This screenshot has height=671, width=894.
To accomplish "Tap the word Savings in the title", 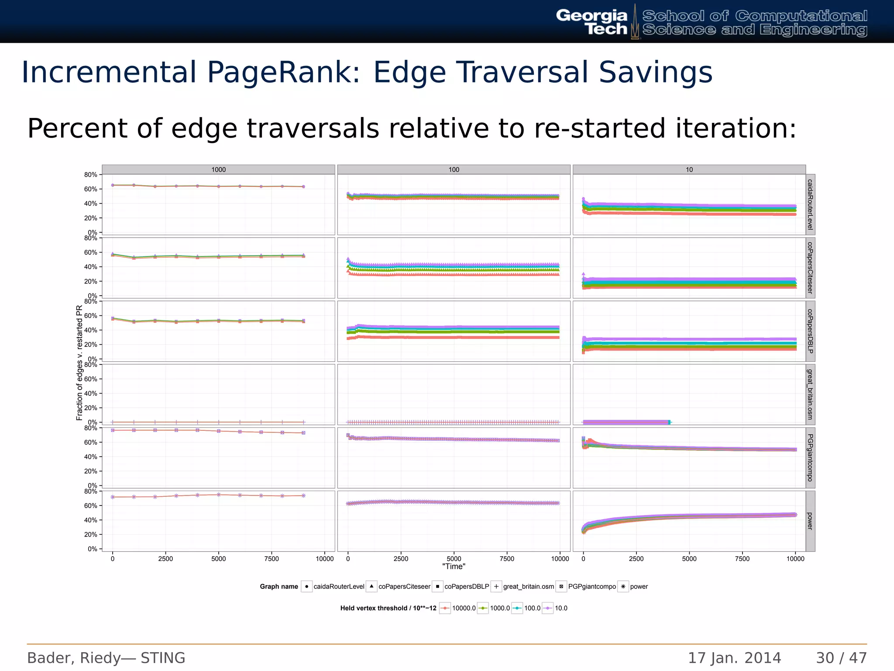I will coord(655,72).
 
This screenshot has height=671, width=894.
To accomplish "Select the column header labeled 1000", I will coord(218,169).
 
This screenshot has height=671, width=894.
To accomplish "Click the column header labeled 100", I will coord(454,169).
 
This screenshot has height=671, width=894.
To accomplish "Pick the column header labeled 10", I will coord(689,169).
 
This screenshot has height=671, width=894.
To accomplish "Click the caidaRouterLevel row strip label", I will coord(810,204).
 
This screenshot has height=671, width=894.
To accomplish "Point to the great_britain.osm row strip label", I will coord(810,394).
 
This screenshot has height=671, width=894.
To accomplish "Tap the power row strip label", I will coord(810,521).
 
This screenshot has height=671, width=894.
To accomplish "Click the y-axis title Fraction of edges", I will coord(79,363).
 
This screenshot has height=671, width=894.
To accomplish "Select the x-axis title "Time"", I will coord(454,567).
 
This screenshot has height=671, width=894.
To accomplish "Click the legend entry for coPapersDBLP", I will coord(466,587).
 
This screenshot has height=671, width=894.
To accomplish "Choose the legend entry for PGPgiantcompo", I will coord(591,587).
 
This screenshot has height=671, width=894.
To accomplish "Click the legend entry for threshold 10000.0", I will coord(464,608).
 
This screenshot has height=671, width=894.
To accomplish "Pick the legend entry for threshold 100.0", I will coord(532,608).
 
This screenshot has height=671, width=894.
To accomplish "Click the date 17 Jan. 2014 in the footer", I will coord(734,658).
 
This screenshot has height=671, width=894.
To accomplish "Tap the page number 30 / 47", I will coord(841,658).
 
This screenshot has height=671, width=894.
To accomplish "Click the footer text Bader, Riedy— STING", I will coord(106,658).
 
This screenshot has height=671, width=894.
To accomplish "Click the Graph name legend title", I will coord(279,587).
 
